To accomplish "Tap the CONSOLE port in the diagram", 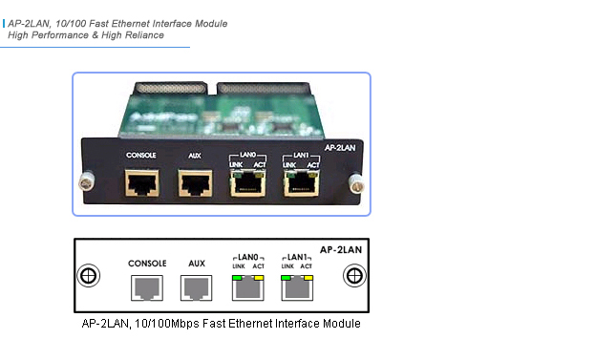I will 146,286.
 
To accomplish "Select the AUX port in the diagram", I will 197,286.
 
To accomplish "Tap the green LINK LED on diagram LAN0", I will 234,277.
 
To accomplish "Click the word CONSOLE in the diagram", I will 146,263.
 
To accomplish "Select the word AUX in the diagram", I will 197,263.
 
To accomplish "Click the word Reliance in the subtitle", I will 141,34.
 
